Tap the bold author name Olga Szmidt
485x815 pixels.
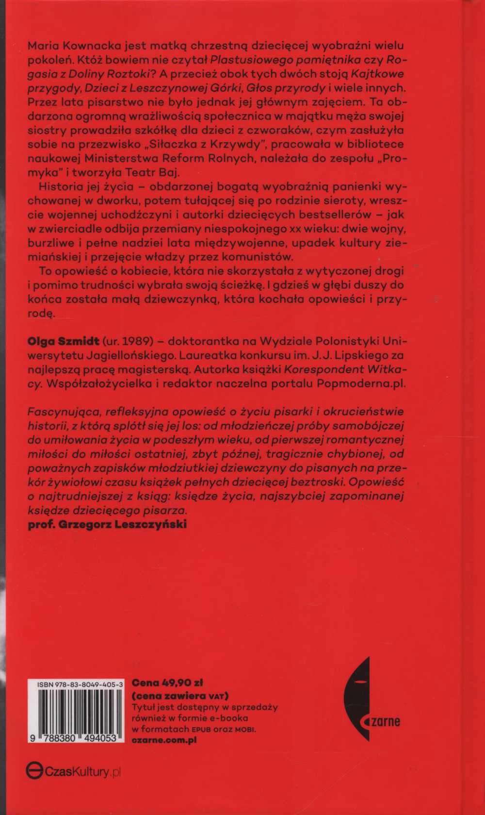coord(64,341)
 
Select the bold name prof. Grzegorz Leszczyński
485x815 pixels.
coord(107,524)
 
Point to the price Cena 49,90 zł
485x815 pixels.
coord(167,682)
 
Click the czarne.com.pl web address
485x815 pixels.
coord(164,740)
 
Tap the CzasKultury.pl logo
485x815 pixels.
coord(73,771)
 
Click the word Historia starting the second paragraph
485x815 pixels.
coord(62,187)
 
